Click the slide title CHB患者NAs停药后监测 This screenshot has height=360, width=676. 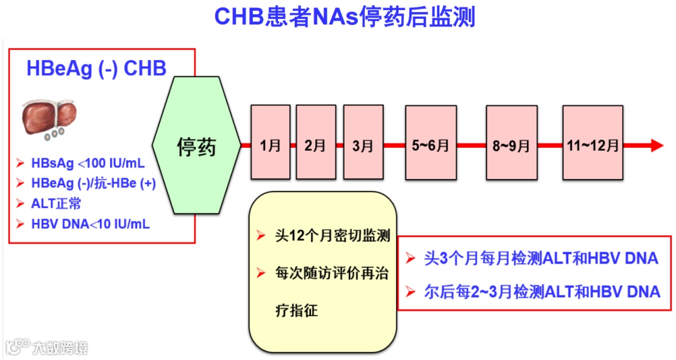344,17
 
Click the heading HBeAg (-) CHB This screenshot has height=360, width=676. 96,68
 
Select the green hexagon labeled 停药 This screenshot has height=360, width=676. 197,147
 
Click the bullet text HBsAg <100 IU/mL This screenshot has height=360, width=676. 88,164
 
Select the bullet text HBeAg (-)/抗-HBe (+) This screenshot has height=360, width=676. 93,183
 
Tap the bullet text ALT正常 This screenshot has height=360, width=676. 56,203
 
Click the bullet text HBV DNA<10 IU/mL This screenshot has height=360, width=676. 90,224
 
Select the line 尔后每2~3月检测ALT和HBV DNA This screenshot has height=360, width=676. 541,291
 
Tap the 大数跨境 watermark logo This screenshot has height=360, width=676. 47,346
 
